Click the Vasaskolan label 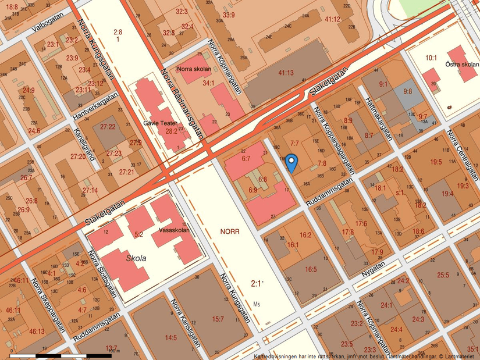[172, 230]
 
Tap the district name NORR [230, 231]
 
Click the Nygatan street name [373, 268]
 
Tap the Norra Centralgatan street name [462, 152]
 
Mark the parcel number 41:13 [286, 73]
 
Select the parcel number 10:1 [431, 58]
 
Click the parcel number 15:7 [218, 319]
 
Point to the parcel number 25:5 [443, 275]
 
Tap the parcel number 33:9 [229, 15]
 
